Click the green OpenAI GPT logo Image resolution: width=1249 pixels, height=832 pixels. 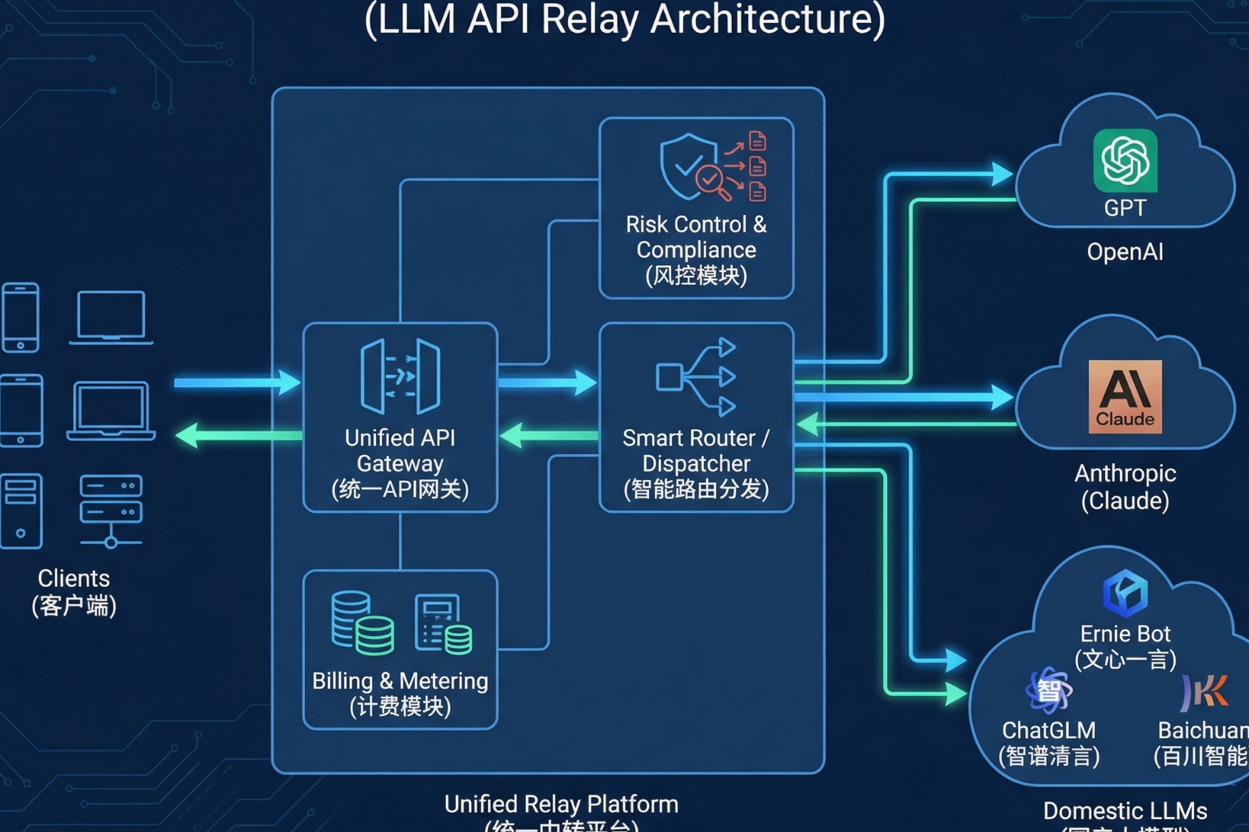1125,160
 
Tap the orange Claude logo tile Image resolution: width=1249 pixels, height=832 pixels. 1125,397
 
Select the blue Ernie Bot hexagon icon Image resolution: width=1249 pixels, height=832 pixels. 1125,593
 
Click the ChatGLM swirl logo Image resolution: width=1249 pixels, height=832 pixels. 1048,690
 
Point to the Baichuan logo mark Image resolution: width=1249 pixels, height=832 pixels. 1205,692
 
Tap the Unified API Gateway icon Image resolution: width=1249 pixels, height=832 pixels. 400,376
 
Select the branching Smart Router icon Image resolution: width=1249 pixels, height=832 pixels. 696,376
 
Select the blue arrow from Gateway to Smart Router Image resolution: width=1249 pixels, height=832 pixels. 546,383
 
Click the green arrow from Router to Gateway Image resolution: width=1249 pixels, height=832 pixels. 548,435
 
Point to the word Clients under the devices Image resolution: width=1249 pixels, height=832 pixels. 73,578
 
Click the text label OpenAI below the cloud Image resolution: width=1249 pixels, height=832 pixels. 1125,252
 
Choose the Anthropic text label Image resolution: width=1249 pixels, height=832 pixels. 1125,474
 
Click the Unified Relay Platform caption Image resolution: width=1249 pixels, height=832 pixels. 561,804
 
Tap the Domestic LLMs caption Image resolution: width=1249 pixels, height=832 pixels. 1125,811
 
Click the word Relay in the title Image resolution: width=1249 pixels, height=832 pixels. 590,19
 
